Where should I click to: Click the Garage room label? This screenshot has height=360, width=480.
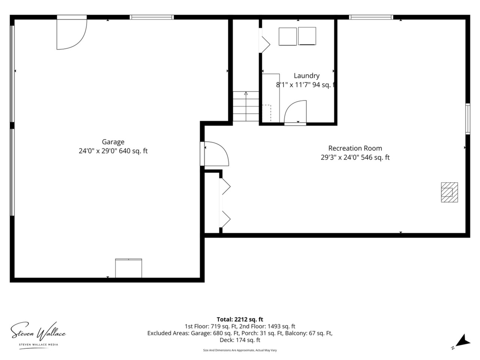coord(113,142)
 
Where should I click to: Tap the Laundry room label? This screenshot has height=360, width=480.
coord(306,76)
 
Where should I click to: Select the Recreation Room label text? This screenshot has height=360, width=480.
coord(355,148)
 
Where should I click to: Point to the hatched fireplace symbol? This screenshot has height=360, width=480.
coord(449,192)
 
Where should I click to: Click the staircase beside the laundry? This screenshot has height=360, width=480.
coord(246,106)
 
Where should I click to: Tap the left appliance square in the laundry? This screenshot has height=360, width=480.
coord(288,36)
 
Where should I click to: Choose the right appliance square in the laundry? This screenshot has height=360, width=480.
coord(307,36)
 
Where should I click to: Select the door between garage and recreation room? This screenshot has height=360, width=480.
coord(214,154)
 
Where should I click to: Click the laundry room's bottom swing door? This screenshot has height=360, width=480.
coord(295,112)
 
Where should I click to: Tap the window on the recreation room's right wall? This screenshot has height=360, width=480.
coord(468,119)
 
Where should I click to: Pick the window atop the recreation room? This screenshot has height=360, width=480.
coord(371,17)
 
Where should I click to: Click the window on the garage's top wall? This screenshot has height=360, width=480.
coord(152,17)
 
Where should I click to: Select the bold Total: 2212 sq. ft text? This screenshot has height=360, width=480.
coord(240,319)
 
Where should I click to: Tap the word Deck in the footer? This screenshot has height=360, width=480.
coord(225,340)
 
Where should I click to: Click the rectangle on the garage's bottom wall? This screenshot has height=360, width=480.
coord(129,268)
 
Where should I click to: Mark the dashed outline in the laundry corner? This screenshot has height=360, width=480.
coord(267,113)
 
